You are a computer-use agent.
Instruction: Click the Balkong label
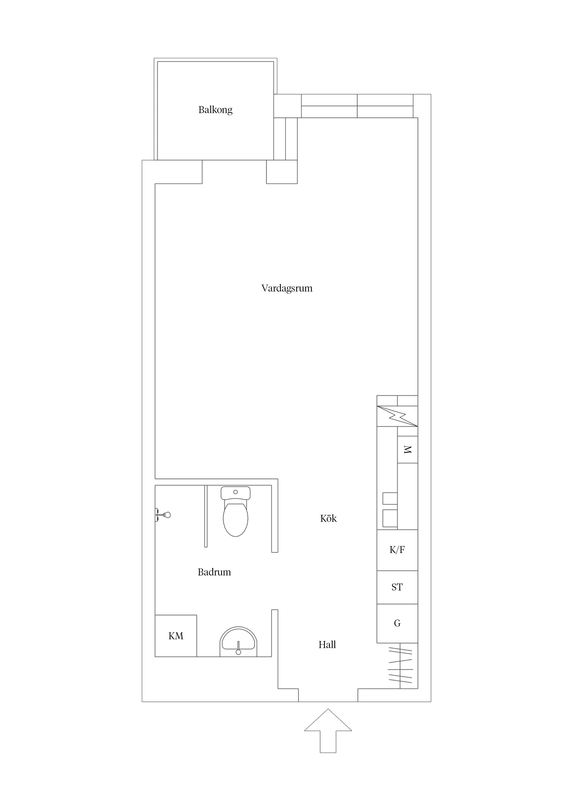215,110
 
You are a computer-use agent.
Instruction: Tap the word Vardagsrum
287,288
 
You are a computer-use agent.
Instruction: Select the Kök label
328,519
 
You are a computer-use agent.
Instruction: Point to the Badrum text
214,572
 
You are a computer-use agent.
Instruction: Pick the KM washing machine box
176,636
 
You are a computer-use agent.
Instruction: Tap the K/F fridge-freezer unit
397,550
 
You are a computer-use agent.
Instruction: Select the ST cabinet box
397,587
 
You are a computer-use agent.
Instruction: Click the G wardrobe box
397,624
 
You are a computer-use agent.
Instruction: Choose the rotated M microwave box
408,450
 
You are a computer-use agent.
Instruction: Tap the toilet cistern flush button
235,492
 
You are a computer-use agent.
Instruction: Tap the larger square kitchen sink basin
390,518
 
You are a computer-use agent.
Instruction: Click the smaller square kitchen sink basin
390,498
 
